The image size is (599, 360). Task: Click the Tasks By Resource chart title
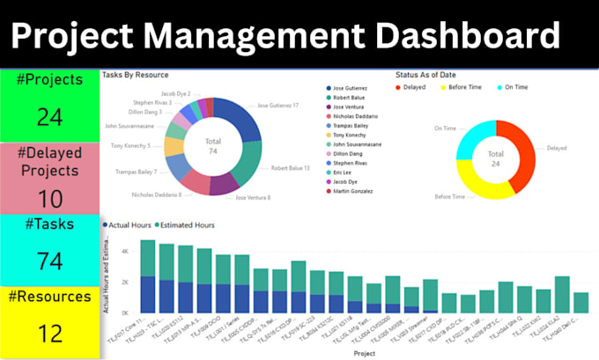[x=136, y=75]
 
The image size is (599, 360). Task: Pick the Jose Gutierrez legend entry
[x=351, y=89]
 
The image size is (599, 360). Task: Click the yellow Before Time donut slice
[x=481, y=186]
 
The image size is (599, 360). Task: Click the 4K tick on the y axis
[x=124, y=250]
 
